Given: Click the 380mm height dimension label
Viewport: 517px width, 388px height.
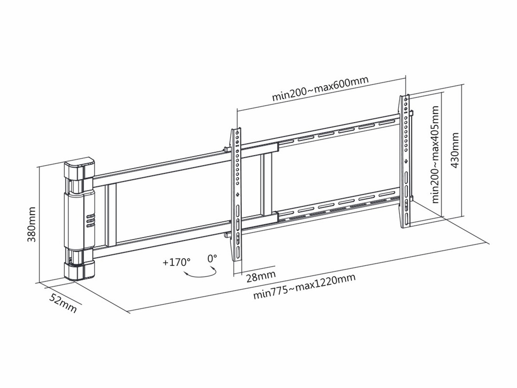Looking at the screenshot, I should pyautogui.click(x=32, y=225).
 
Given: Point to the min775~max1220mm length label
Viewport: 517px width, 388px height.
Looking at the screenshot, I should pyautogui.click(x=304, y=287).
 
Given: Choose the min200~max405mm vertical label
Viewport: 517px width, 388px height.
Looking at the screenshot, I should pyautogui.click(x=435, y=155).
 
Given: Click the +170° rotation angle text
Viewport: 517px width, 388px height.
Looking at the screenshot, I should pyautogui.click(x=176, y=262).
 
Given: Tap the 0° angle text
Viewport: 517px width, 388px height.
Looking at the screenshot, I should pyautogui.click(x=212, y=258).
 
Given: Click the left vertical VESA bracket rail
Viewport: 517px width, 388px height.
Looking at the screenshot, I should pyautogui.click(x=237, y=192).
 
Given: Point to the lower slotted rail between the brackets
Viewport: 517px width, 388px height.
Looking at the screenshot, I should pyautogui.click(x=335, y=206).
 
